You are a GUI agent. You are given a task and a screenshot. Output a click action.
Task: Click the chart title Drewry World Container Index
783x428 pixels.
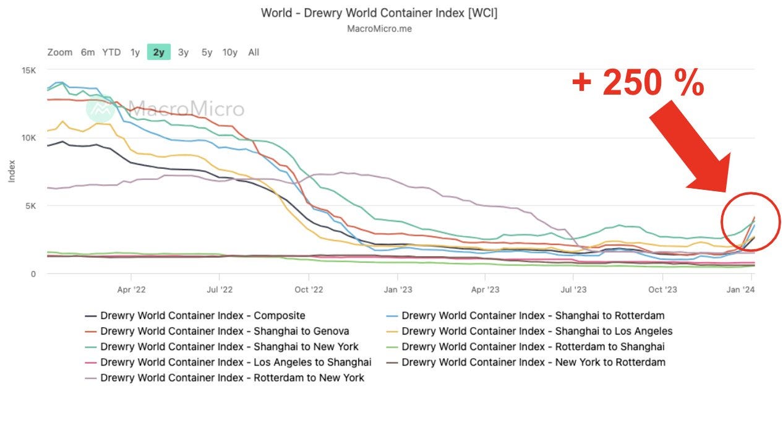[379, 12]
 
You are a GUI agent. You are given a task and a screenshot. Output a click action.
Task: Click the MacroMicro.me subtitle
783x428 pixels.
[379, 28]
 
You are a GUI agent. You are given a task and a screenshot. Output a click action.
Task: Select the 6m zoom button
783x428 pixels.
[88, 52]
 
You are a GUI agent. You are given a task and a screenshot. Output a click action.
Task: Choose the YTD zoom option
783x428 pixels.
[111, 52]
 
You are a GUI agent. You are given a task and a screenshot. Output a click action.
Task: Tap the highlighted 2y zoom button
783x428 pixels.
[159, 52]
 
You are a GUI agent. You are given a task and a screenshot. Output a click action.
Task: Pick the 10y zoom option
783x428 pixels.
[229, 52]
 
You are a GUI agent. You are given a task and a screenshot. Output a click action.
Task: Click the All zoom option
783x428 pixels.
[254, 52]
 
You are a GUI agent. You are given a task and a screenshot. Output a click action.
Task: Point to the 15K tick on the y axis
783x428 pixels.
[29, 70]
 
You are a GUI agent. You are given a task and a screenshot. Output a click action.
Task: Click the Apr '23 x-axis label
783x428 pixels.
[486, 289]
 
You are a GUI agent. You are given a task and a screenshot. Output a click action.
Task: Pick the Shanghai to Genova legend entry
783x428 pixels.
[216, 331]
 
